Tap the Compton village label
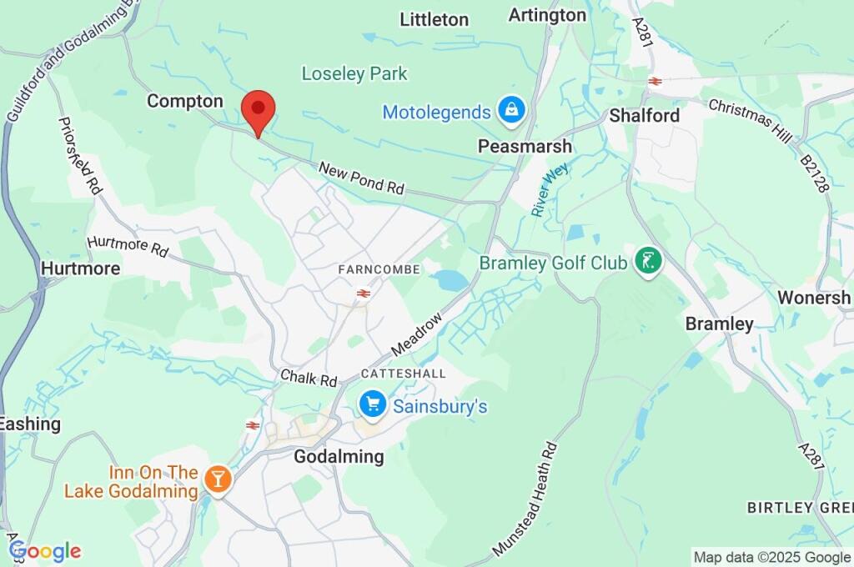coord(185,101)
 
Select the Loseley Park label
coord(354,73)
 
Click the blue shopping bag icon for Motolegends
coord(509,108)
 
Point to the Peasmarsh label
coord(525,146)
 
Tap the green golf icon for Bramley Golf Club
coord(647,263)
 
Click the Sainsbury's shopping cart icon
coord(372,405)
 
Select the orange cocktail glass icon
coord(218,479)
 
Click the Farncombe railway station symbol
coord(363,293)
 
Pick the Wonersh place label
coord(814,297)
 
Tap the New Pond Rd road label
coord(361,178)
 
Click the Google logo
coord(45,550)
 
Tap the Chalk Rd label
coord(309,378)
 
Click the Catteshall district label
coord(403,373)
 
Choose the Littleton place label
coord(434,19)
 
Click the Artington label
coord(547,15)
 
